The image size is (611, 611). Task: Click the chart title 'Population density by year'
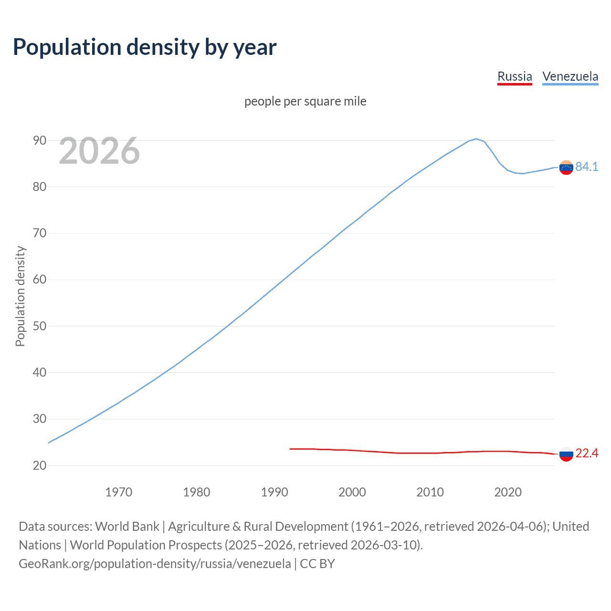click(145, 47)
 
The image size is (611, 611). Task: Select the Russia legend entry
click(515, 76)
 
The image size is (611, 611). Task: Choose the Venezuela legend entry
click(570, 76)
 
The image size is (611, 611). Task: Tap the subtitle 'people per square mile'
click(305, 101)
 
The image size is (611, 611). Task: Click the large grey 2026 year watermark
click(99, 151)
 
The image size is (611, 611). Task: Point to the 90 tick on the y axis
click(40, 140)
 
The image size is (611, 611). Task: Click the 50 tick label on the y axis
click(40, 326)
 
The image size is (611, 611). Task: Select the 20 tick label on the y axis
click(40, 465)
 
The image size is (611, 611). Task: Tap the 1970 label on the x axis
click(119, 492)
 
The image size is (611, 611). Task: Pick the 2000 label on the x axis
click(352, 492)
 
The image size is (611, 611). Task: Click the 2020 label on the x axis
click(508, 492)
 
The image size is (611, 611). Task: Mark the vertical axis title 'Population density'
click(20, 296)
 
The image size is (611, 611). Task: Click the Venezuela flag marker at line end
click(566, 168)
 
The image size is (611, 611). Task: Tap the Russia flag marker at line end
click(566, 454)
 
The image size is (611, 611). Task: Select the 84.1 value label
click(587, 167)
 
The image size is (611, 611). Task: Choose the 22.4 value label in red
click(587, 453)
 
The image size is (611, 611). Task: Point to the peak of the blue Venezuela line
click(476, 139)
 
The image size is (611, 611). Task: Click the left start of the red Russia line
click(291, 449)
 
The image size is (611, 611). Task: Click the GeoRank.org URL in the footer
click(155, 564)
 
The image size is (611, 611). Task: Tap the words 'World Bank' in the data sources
click(127, 527)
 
